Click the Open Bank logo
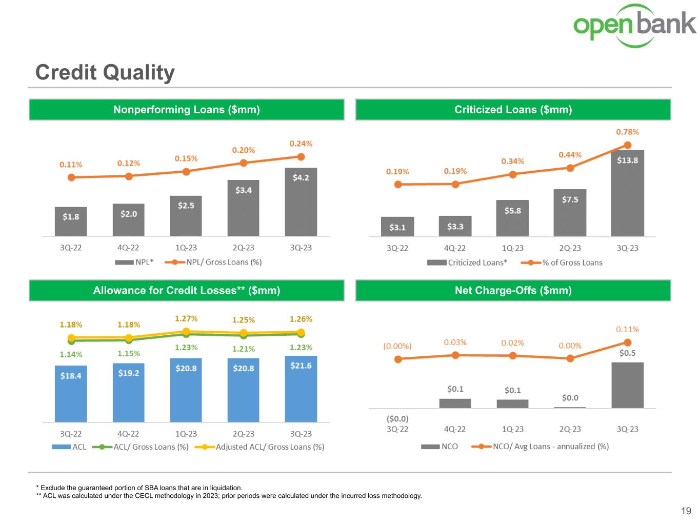click(x=634, y=25)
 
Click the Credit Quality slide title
click(x=105, y=72)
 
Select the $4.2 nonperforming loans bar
click(x=301, y=202)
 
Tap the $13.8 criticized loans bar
click(x=627, y=193)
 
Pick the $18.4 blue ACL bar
click(x=71, y=394)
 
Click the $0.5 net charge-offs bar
click(x=627, y=385)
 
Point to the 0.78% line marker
click(x=627, y=146)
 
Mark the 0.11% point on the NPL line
click(x=71, y=177)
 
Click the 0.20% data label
click(x=244, y=150)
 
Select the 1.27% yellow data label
click(x=186, y=318)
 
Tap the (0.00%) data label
click(x=397, y=346)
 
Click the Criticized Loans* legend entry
click(x=467, y=262)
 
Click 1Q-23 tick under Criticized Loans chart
click(x=512, y=248)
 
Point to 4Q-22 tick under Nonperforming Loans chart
click(x=128, y=248)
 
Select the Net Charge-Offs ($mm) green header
click(x=513, y=290)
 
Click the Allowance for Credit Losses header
click(x=186, y=290)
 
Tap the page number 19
click(x=686, y=511)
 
